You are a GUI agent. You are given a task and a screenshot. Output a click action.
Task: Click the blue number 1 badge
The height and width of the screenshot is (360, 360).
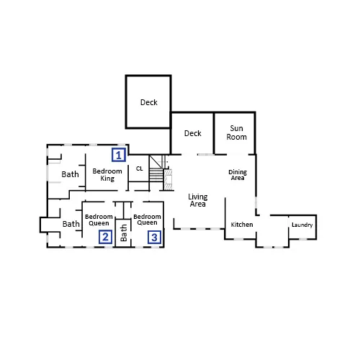point(119,155)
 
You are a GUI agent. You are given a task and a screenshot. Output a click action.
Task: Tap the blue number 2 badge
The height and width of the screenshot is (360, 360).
point(106,237)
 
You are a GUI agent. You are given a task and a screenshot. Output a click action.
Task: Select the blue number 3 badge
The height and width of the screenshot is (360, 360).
point(154,237)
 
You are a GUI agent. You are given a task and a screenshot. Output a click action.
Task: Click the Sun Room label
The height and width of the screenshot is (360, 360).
point(236,132)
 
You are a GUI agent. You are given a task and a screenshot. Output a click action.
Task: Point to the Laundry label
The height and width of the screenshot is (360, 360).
point(302,225)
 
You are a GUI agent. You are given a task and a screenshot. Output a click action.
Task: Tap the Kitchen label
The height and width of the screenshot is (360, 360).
point(242,225)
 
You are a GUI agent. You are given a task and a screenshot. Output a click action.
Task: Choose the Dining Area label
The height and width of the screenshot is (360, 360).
point(238,175)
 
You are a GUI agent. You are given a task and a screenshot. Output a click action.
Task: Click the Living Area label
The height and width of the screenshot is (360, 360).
point(198,200)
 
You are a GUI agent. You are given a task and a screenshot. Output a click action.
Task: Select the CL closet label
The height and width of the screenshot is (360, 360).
point(140,168)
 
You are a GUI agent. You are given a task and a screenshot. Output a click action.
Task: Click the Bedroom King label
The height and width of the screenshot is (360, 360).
point(107,175)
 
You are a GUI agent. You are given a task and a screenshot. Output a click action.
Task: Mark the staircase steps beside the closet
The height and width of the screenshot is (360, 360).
point(156,175)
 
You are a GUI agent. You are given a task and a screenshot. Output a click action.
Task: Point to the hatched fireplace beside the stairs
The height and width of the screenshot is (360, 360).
point(168,180)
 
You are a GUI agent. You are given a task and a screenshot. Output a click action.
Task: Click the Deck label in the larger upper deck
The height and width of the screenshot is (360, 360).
point(149,102)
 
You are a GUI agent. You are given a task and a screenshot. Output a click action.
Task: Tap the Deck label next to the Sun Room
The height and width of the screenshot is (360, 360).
point(193,133)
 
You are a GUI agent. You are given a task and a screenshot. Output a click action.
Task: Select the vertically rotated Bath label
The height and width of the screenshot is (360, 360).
point(124,233)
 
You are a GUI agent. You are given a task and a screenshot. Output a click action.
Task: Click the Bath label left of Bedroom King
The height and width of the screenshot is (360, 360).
point(70,174)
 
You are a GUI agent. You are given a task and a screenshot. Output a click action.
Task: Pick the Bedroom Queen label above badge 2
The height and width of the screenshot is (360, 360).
point(99,220)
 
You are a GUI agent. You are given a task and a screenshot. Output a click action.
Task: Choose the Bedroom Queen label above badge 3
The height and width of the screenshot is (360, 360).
point(147,220)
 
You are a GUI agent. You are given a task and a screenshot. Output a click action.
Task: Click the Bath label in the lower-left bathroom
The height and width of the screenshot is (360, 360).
point(71,224)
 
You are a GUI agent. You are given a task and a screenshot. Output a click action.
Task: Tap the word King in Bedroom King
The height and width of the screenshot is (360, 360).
point(107,179)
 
